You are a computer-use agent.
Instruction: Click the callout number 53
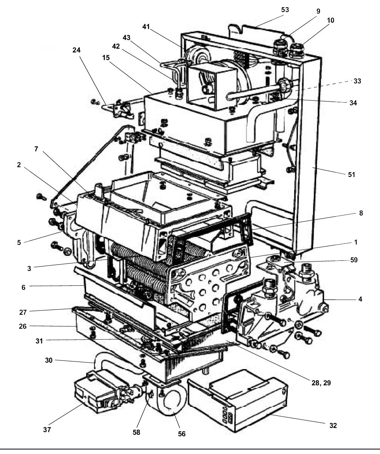(285, 10)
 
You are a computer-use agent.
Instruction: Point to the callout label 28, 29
(321, 383)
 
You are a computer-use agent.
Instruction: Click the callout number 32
(332, 425)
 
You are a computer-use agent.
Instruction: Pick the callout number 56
(182, 434)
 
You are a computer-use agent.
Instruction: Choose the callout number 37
(47, 429)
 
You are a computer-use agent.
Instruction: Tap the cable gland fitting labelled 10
(297, 50)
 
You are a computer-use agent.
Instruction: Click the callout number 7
(36, 148)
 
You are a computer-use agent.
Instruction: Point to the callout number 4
(360, 299)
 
